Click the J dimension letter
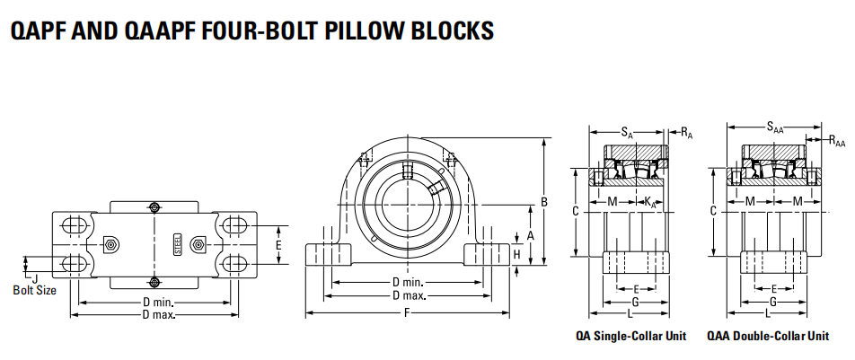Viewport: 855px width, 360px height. tap(35, 277)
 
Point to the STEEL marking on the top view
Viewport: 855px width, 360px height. tap(177, 242)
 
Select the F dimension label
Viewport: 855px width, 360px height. tap(407, 313)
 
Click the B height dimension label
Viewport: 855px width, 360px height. tap(543, 202)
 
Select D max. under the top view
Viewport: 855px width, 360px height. tap(159, 314)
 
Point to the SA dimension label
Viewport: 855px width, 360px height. tap(627, 134)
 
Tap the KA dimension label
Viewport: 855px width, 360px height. tap(650, 202)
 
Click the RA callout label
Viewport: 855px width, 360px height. tap(686, 134)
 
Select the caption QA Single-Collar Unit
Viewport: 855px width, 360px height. tap(630, 337)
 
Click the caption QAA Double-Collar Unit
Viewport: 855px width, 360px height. tap(768, 337)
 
